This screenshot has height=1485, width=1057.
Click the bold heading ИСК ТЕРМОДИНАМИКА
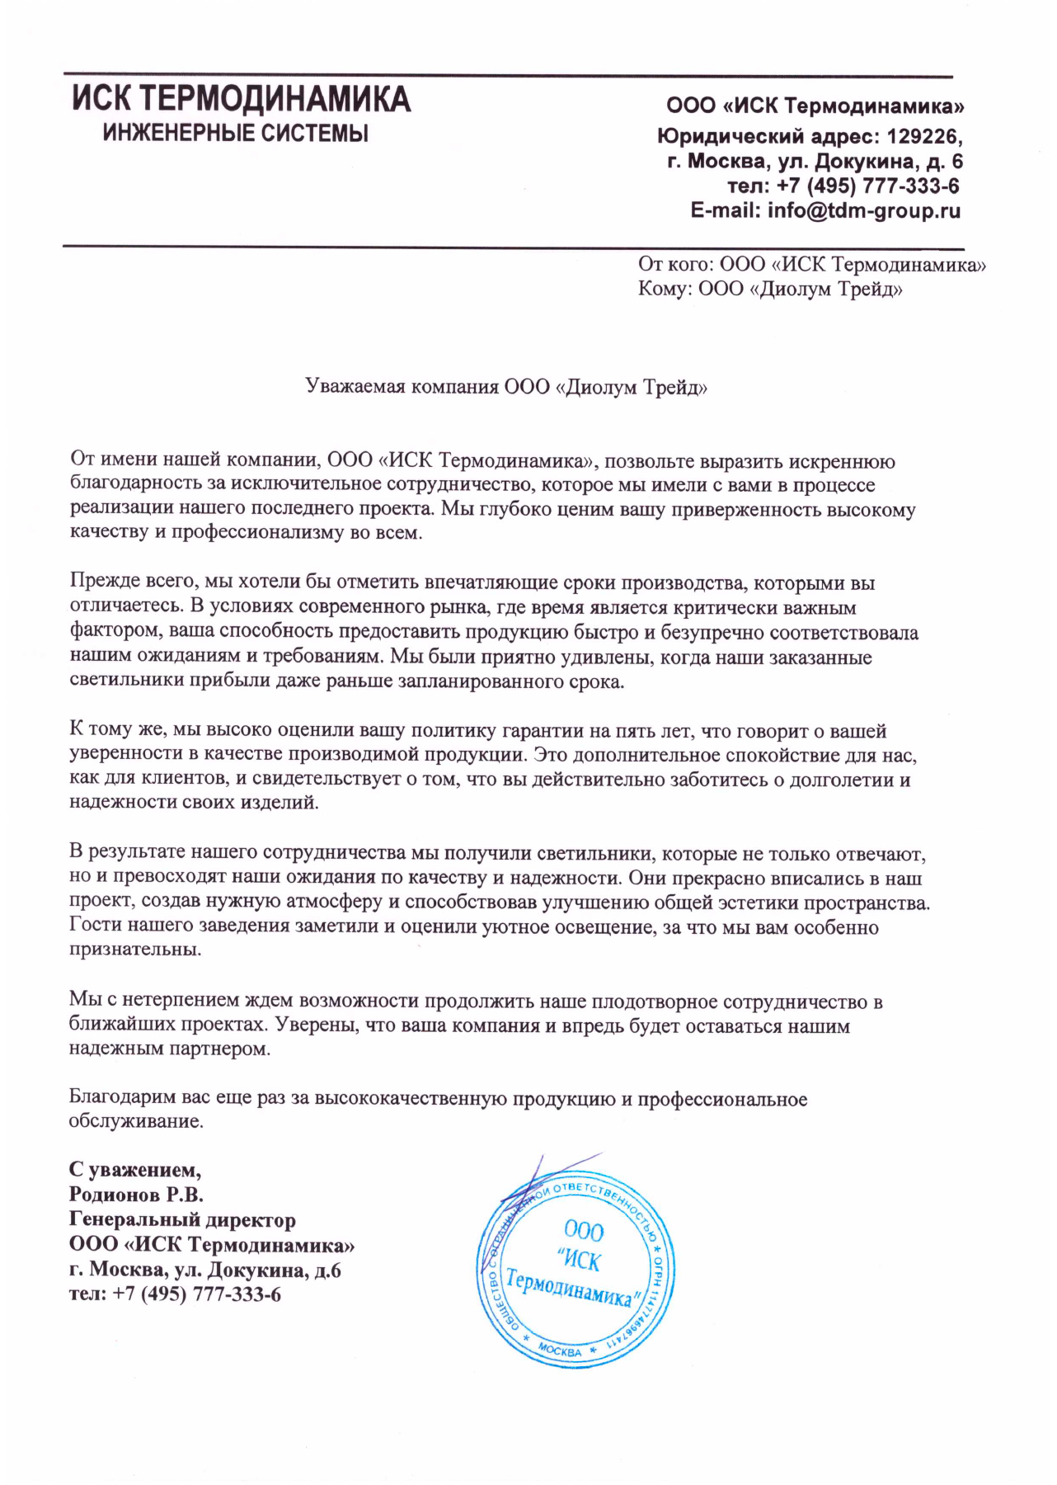(241, 100)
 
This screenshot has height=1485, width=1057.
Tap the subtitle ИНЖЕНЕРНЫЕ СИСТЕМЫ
(236, 133)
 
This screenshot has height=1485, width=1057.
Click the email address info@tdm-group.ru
(864, 210)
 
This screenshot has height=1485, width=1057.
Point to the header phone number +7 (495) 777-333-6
(867, 186)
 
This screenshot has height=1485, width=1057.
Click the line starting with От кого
(811, 265)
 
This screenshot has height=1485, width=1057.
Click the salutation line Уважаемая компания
(506, 387)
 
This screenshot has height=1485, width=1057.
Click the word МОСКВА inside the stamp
(560, 1351)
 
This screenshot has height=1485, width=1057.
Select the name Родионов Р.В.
(136, 1195)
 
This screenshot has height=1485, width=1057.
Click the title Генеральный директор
(182, 1219)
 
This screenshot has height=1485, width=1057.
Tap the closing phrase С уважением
(134, 1170)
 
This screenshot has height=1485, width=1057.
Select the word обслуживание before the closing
(135, 1122)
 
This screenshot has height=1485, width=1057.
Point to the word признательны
(135, 950)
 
